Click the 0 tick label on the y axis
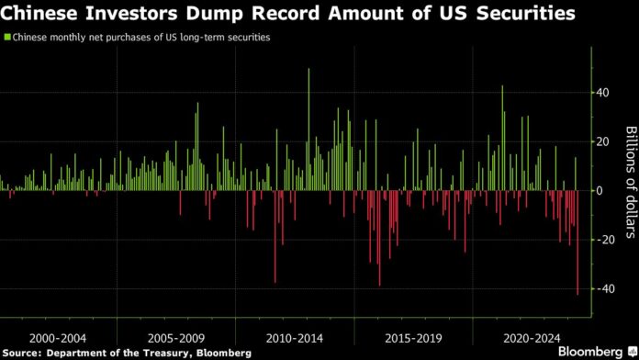[x=600, y=191]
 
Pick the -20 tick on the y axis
[x=605, y=240]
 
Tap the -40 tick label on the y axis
[x=605, y=288]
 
